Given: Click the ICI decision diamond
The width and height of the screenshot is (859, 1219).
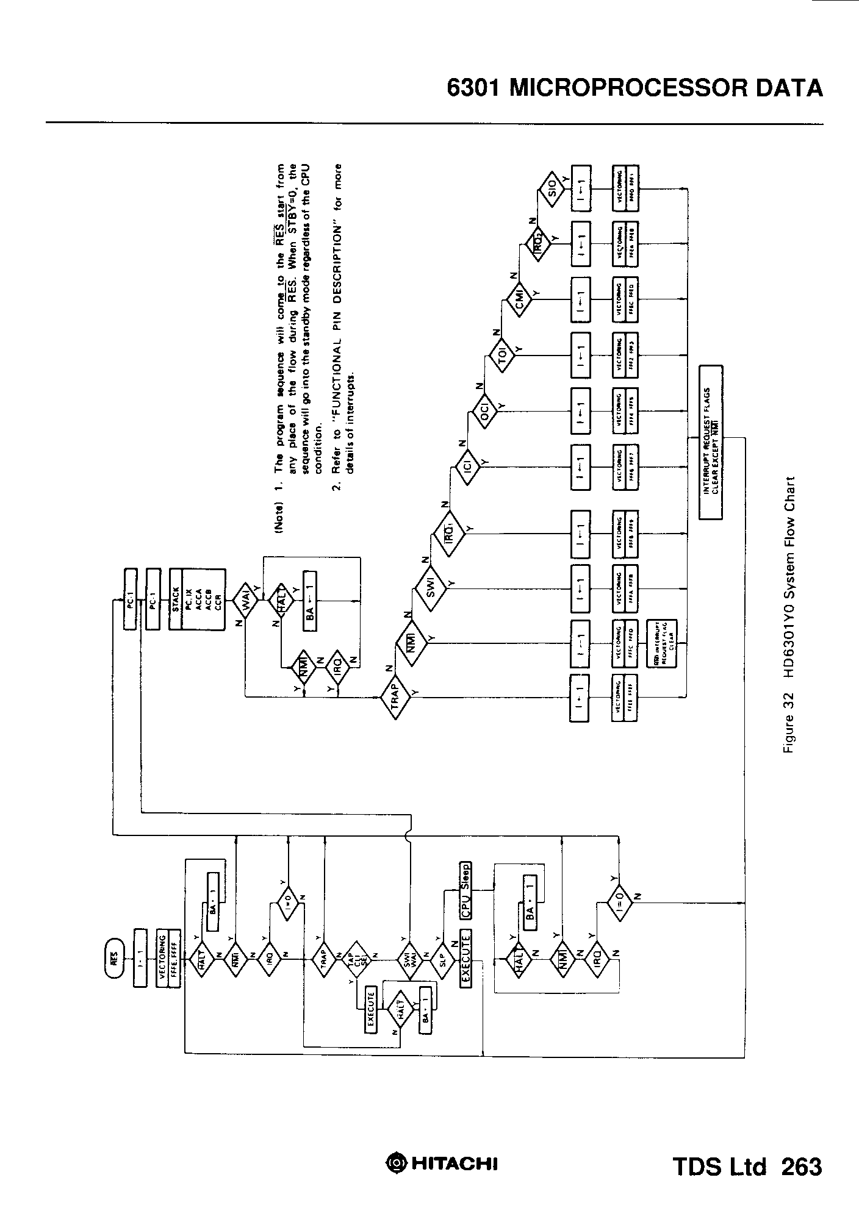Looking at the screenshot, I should click(x=466, y=468).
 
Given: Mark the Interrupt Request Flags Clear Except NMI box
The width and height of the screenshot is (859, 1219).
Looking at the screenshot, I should click(x=710, y=442).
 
